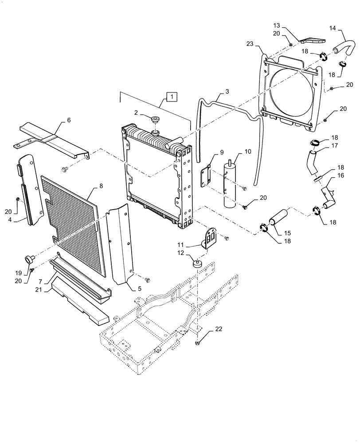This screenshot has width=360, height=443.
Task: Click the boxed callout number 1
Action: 171,96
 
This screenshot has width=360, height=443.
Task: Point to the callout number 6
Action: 69,120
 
